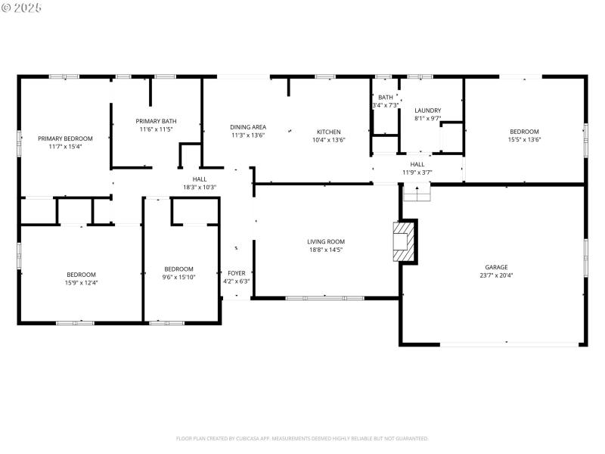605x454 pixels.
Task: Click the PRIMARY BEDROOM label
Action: (65, 138)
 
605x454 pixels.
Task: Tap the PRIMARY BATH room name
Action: (156, 121)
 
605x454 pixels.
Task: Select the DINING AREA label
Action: (248, 127)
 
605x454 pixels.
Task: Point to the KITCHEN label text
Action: (328, 132)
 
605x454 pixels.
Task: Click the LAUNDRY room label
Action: (427, 110)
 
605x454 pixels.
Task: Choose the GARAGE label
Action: (496, 267)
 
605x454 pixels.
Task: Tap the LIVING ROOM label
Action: (326, 242)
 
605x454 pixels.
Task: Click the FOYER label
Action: (236, 272)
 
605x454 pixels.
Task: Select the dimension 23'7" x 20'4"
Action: (496, 275)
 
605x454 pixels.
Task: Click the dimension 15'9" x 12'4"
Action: (81, 282)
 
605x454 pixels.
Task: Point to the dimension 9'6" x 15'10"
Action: (179, 277)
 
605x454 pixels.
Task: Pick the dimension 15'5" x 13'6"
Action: (524, 139)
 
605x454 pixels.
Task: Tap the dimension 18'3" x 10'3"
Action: (200, 187)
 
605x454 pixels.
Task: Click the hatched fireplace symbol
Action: (404, 241)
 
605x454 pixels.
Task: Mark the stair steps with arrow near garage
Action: (416, 194)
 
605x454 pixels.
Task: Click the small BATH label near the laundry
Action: (386, 97)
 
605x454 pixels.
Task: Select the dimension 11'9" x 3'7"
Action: (417, 173)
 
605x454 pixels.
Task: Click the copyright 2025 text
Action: (23, 7)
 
